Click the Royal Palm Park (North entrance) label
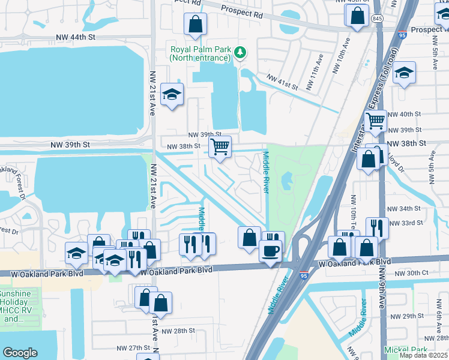(200, 54)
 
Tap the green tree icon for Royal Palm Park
(240, 53)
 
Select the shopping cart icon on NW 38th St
(220, 146)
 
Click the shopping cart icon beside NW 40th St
(376, 121)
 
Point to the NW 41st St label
(283, 82)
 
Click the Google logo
(20, 353)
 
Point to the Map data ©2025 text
(424, 355)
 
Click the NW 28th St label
(178, 331)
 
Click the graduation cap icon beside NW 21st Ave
(172, 94)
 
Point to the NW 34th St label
(405, 208)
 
